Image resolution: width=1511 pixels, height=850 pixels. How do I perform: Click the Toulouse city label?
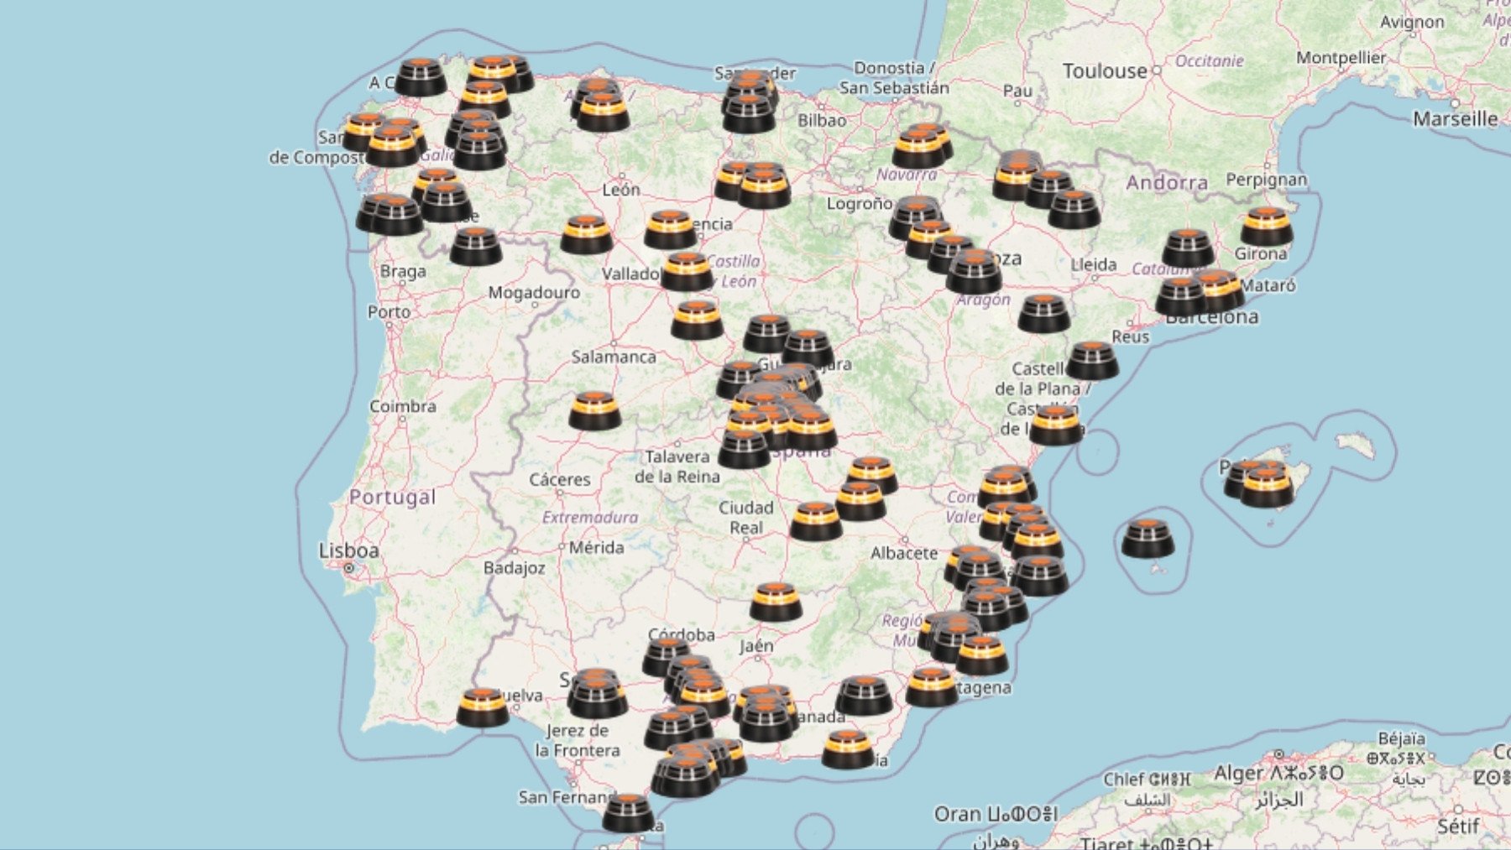pyautogui.click(x=1104, y=71)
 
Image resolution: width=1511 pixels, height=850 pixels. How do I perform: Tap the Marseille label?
pyautogui.click(x=1455, y=119)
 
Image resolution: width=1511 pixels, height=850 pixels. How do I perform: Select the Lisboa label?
pyautogui.click(x=348, y=551)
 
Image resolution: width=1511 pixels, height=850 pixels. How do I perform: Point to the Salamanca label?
pyautogui.click(x=614, y=357)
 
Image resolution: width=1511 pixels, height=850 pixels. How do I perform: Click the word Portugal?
pyautogui.click(x=392, y=497)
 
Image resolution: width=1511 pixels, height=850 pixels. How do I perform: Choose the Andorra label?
pyautogui.click(x=1167, y=183)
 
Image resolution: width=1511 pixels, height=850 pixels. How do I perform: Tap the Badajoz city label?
pyautogui.click(x=514, y=568)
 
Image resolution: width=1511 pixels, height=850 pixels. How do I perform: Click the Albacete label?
pyautogui.click(x=903, y=553)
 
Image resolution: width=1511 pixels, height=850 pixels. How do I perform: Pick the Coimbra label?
pyautogui.click(x=403, y=406)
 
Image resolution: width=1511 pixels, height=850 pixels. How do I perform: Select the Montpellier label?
pyautogui.click(x=1341, y=58)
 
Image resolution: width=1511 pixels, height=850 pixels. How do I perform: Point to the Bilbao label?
pyautogui.click(x=822, y=121)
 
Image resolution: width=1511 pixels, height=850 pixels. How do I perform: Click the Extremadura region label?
pyautogui.click(x=589, y=518)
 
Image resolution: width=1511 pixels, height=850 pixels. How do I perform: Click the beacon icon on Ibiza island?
pyautogui.click(x=1148, y=538)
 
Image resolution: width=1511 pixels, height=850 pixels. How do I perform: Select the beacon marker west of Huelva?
pyautogui.click(x=483, y=707)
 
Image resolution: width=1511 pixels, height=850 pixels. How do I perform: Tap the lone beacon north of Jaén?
pyautogui.click(x=776, y=602)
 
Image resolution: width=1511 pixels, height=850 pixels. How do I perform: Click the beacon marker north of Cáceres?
pyautogui.click(x=594, y=410)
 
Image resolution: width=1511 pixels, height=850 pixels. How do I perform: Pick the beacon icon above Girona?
pyautogui.click(x=1266, y=226)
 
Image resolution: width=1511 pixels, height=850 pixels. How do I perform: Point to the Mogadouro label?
pyautogui.click(x=534, y=293)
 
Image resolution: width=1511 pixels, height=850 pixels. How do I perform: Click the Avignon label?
pyautogui.click(x=1412, y=22)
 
